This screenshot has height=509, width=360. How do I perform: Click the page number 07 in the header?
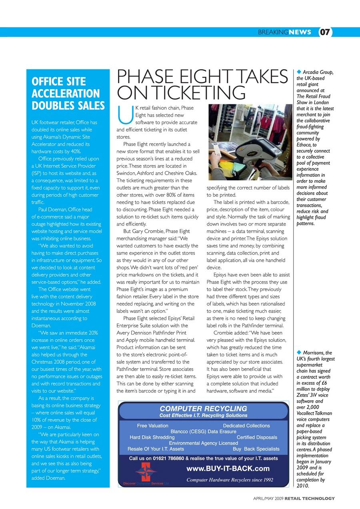[325, 32]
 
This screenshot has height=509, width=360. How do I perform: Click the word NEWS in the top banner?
[300, 32]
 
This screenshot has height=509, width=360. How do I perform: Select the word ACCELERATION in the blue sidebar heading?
[66, 94]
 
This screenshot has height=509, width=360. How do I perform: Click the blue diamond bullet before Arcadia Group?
[299, 72]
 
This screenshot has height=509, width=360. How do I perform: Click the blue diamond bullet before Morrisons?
[299, 352]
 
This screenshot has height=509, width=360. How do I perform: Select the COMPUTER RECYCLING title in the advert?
[203, 409]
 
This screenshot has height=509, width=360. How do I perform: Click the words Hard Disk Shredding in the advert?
[152, 437]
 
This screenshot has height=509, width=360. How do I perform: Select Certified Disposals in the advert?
[257, 437]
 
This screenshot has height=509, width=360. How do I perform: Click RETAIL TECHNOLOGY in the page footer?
[310, 498]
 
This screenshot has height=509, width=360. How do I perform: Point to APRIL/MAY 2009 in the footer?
[268, 498]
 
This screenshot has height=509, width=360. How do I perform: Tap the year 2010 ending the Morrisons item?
[303, 486]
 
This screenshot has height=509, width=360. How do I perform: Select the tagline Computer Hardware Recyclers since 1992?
[230, 480]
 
